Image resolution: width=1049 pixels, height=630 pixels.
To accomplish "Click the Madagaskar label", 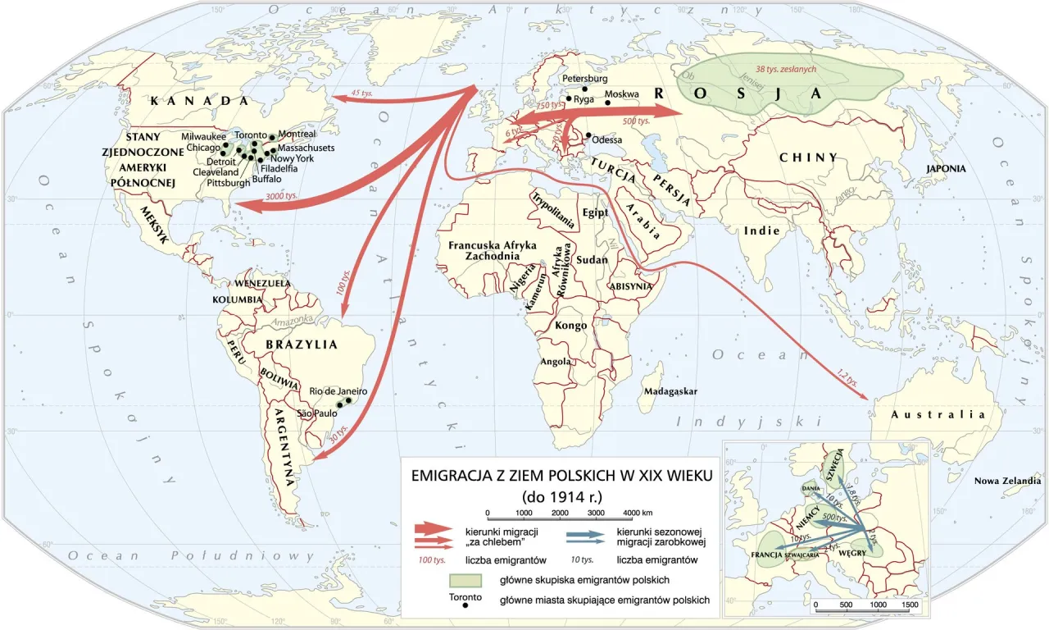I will coord(670,391).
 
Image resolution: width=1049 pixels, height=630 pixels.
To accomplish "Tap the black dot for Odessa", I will coord(588,136).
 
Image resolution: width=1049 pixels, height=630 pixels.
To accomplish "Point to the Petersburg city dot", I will coord(584,89).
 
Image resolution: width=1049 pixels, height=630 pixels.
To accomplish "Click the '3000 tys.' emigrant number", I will coord(281,197).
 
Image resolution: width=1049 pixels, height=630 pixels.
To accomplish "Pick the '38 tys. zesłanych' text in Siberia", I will coord(787,70).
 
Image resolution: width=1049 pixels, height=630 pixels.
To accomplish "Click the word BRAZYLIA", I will coord(301,345).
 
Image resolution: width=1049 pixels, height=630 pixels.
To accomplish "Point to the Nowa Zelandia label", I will coord(1006,482).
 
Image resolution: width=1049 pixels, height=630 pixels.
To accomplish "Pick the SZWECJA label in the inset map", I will coord(835,465).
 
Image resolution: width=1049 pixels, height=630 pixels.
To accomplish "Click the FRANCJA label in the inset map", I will coord(770,555).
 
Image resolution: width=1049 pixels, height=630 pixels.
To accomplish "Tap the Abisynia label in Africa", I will coord(630,286).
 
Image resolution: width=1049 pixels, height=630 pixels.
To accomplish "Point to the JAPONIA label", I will coord(946,168).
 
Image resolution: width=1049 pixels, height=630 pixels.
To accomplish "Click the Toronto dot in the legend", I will coord(465,605).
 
